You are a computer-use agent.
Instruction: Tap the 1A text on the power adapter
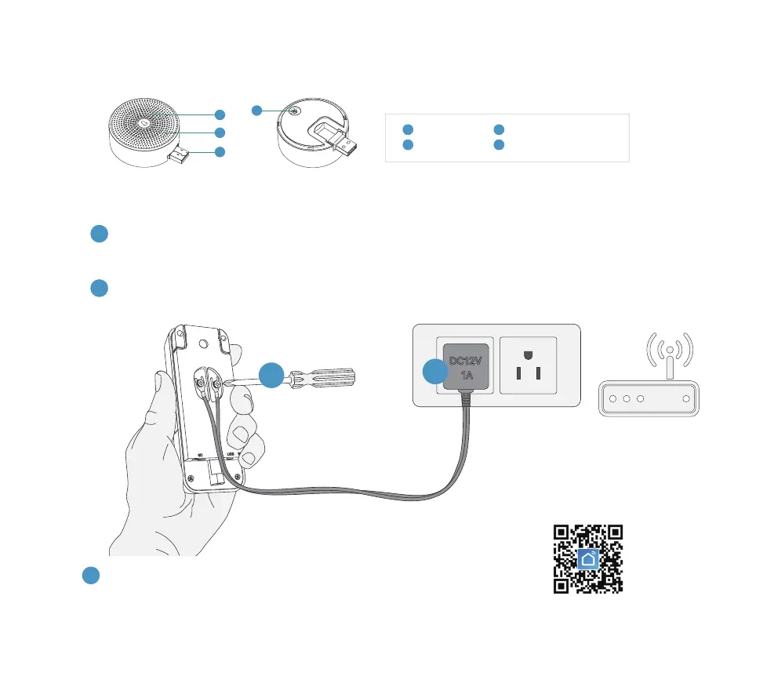click(467, 376)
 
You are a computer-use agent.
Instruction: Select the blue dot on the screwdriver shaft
click(271, 375)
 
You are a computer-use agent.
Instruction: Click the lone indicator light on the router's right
click(686, 399)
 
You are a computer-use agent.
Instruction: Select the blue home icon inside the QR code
click(588, 558)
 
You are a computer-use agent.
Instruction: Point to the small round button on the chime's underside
click(294, 111)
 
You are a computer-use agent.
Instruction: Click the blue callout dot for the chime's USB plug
click(220, 151)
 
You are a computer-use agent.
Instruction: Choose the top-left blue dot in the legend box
click(407, 129)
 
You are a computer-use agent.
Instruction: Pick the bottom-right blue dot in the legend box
click(499, 145)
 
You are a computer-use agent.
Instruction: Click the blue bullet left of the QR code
click(91, 575)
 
